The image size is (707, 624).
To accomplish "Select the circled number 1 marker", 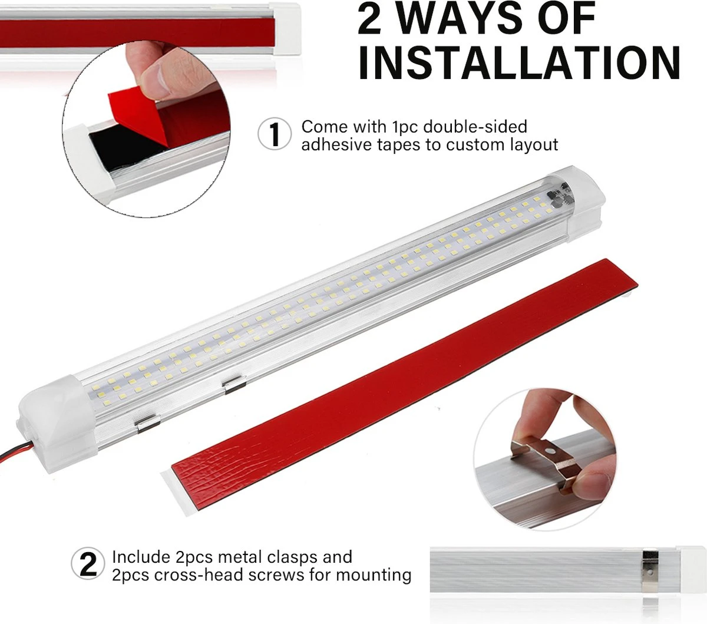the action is [x=275, y=134].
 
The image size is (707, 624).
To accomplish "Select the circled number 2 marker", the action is [x=88, y=563].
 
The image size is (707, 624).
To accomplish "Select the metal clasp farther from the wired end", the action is [x=234, y=385].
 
